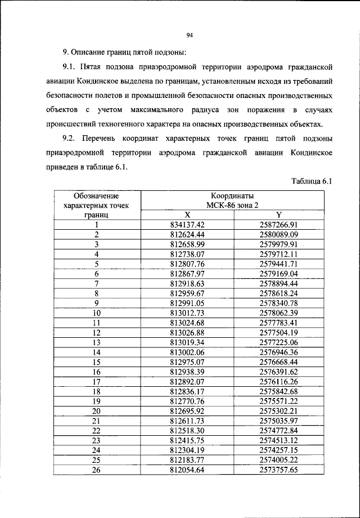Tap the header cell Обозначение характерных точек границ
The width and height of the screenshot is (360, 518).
(x=96, y=205)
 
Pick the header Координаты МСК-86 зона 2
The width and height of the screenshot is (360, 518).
(x=233, y=200)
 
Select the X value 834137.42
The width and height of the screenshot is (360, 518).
(x=187, y=225)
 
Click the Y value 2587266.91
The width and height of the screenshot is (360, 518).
(x=278, y=225)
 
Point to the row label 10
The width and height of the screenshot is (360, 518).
(x=96, y=312)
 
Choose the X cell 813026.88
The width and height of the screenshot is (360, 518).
(x=187, y=332)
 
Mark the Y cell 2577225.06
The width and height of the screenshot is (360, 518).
(x=278, y=342)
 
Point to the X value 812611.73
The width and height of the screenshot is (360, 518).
(x=187, y=420)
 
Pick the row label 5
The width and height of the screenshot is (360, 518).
(x=96, y=264)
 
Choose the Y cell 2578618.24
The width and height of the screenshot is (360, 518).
(x=278, y=293)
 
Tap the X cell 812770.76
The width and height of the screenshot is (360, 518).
(x=187, y=400)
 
